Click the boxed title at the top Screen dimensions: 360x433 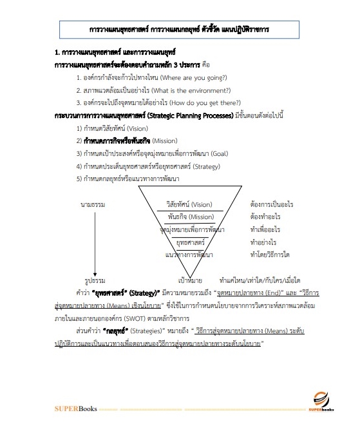[x=180, y=30]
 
